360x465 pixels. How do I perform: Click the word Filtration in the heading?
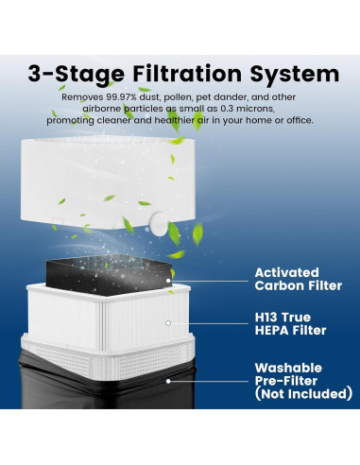pyautogui.click(x=187, y=74)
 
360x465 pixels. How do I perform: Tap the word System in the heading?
pyautogui.click(x=295, y=75)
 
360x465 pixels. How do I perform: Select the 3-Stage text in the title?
pyautogui.click(x=77, y=75)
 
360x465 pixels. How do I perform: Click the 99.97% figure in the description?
pyautogui.click(x=121, y=97)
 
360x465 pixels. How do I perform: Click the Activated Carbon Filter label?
pyautogui.click(x=299, y=279)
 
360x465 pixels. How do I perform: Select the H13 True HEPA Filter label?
pyautogui.click(x=290, y=323)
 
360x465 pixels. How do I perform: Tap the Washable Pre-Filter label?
pyautogui.click(x=288, y=374)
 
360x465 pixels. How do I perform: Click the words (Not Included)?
pyautogui.click(x=303, y=394)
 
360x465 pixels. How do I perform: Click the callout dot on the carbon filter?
pyautogui.click(x=168, y=281)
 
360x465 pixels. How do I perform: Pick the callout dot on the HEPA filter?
pyautogui.click(x=168, y=323)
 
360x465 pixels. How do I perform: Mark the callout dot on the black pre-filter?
pyautogui.click(x=168, y=381)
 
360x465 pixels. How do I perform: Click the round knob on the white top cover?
pyautogui.click(x=160, y=223)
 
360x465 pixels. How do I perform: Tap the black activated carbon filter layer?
pyautogui.click(x=109, y=274)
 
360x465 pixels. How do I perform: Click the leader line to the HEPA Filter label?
pyautogui.click(x=210, y=323)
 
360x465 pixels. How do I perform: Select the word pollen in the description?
pyautogui.click(x=178, y=97)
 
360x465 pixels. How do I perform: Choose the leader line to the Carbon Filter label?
pyautogui.click(x=210, y=281)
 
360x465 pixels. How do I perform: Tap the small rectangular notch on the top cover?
pyautogui.click(x=58, y=221)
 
